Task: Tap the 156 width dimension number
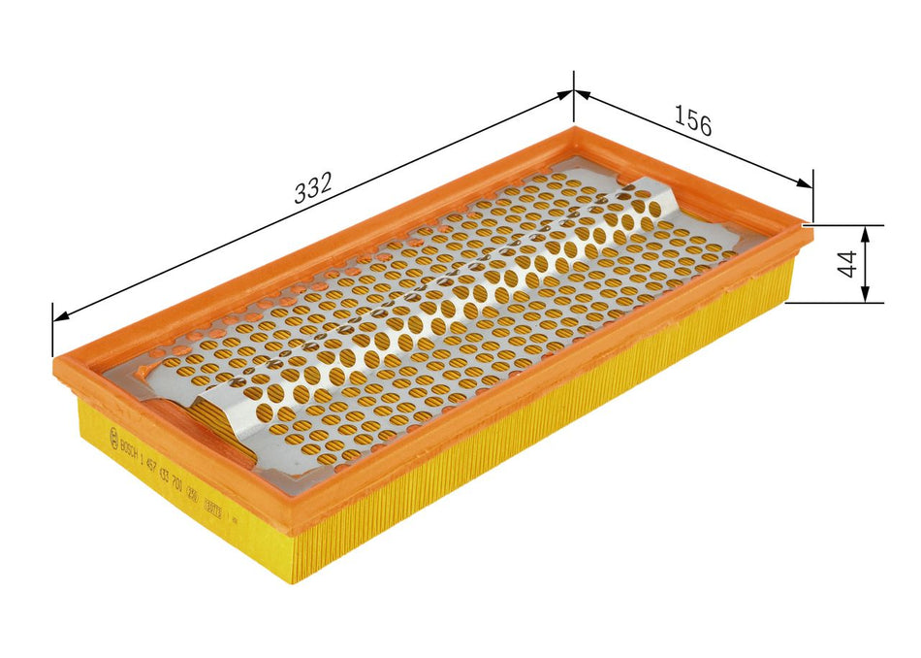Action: pos(693,122)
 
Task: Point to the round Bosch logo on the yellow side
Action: pos(115,431)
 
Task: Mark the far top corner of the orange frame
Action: pos(574,126)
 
